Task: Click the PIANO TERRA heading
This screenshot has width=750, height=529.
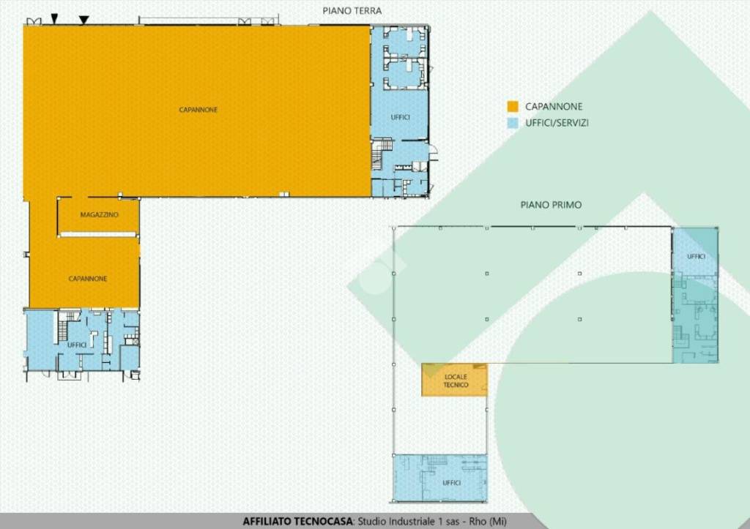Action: tap(352, 10)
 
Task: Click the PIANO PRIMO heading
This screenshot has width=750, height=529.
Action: tap(551, 205)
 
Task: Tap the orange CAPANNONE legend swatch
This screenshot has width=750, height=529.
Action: tap(513, 107)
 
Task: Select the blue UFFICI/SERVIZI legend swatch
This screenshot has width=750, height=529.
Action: tap(513, 123)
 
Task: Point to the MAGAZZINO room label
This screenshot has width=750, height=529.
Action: tap(99, 215)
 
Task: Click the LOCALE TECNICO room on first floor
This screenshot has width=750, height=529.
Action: tap(454, 380)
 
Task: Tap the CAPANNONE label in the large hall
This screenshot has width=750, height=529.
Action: tap(198, 110)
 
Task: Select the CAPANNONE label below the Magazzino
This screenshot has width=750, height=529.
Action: tap(88, 279)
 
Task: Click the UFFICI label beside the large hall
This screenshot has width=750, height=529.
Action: tap(401, 117)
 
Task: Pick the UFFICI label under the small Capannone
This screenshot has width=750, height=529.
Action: tap(77, 345)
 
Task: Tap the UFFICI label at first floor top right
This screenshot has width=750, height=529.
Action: tap(696, 257)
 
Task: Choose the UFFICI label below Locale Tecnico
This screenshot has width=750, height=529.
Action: tap(451, 483)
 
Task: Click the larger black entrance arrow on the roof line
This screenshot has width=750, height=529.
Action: tap(83, 20)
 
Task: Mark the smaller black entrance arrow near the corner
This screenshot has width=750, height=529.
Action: tap(54, 18)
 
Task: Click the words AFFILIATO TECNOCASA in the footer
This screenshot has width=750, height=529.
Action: tap(298, 522)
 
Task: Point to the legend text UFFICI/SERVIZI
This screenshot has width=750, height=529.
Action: tap(557, 123)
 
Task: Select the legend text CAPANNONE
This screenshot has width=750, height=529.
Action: tap(554, 107)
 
